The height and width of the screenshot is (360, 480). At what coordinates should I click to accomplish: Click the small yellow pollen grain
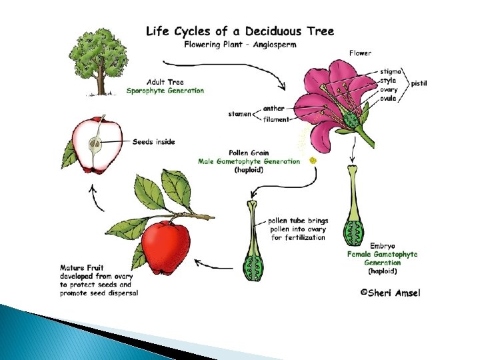(313, 160)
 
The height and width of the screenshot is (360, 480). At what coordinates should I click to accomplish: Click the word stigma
(391, 71)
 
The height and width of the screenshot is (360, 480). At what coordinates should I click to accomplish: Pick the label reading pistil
(419, 83)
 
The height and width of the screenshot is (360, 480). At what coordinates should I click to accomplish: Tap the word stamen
(239, 114)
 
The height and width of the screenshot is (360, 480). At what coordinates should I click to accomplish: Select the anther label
(273, 108)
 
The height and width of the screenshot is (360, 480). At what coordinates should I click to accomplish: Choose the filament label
(275, 120)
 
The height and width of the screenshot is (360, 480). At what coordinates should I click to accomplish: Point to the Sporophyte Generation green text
(165, 91)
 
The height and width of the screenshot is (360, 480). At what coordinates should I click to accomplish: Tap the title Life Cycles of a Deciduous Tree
(239, 31)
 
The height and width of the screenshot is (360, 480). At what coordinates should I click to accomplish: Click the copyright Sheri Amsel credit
(391, 292)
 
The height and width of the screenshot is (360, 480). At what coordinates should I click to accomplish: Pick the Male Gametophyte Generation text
(249, 161)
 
